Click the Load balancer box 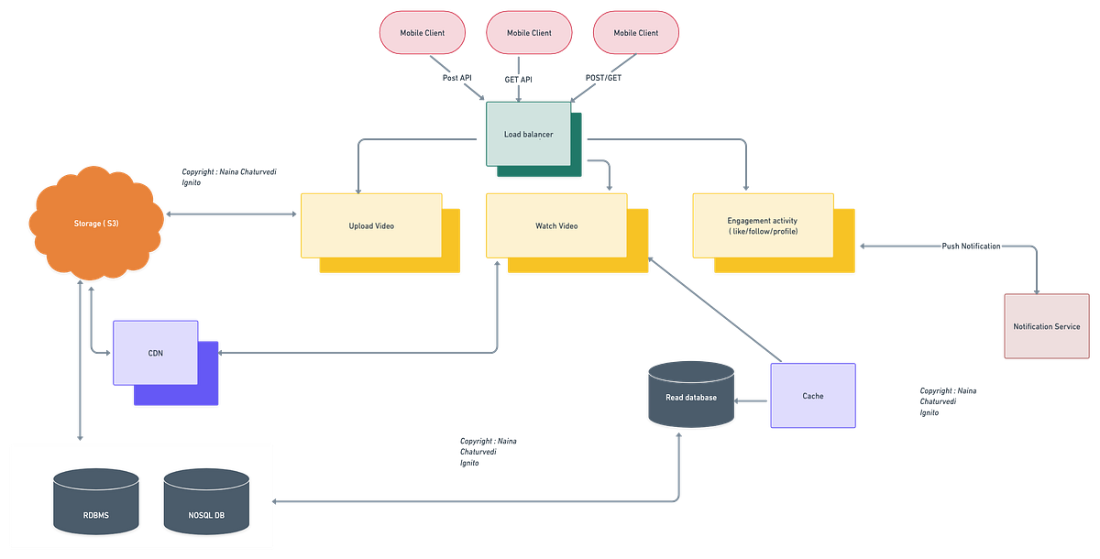[x=529, y=134]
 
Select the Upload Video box [x=370, y=225]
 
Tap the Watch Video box [x=556, y=225]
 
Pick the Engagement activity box [x=762, y=225]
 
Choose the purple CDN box [x=155, y=352]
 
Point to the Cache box [x=812, y=396]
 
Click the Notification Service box [x=1046, y=326]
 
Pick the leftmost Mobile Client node [x=422, y=32]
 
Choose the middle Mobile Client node [x=529, y=32]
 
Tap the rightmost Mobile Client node [x=635, y=32]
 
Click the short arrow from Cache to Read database [x=753, y=400]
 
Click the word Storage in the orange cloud [x=89, y=224]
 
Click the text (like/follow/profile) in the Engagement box [x=762, y=233]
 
